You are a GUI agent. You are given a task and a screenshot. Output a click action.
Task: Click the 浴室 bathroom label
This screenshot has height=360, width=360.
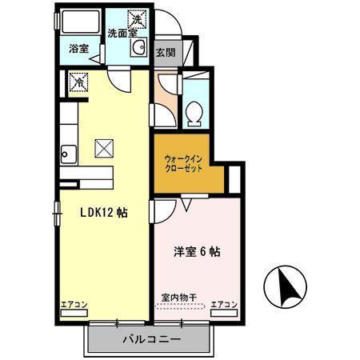click(78, 49)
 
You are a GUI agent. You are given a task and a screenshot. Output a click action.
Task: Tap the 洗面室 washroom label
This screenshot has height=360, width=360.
click(122, 34)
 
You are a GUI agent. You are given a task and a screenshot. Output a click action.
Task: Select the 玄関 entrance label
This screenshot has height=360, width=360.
click(166, 53)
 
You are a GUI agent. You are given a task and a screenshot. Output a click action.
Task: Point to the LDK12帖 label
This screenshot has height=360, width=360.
click(104, 213)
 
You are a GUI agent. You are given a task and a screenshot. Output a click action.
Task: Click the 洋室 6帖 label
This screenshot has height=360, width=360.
click(197, 252)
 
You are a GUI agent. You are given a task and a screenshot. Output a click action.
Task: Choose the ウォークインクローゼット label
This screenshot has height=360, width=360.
click(183, 164)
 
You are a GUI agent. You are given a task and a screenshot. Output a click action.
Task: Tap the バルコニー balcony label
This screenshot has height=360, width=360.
click(152, 339)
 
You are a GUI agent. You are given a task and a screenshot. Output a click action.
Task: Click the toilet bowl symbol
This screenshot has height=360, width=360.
click(194, 114)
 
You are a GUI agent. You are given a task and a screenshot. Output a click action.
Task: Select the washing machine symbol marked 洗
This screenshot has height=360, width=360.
click(137, 19)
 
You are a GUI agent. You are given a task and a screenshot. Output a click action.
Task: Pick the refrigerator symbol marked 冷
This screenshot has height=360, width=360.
click(78, 82)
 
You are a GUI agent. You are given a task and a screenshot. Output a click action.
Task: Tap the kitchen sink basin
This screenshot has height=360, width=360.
click(69, 154)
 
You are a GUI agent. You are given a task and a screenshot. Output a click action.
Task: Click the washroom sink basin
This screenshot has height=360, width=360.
click(138, 47)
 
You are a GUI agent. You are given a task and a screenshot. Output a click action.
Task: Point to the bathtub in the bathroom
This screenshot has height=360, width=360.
click(80, 22)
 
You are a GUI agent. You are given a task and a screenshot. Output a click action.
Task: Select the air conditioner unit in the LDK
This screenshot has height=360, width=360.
click(74, 313)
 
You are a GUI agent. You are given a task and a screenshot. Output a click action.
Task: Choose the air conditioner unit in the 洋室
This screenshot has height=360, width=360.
click(224, 313)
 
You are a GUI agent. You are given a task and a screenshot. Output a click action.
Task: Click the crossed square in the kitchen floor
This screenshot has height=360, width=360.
click(104, 148)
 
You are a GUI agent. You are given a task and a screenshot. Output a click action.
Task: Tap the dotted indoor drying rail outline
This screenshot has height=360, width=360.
click(180, 306)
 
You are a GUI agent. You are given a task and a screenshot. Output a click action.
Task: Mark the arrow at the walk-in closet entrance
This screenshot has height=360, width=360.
click(186, 205)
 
